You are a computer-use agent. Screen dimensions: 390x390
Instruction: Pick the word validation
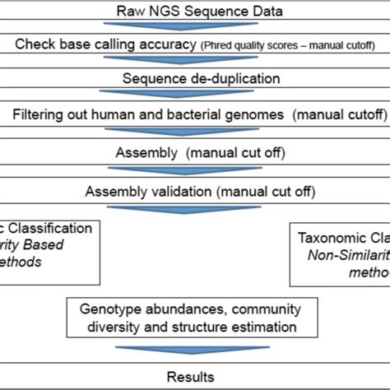(176, 192)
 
